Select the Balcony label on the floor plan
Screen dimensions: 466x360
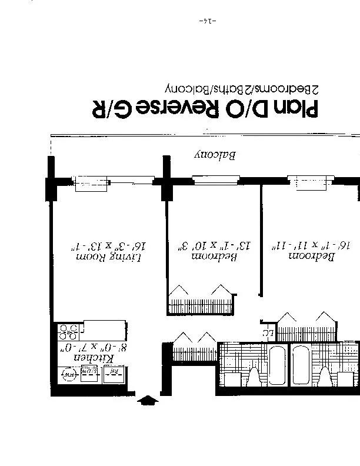tap(215, 156)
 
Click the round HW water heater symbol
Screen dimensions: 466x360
tap(69, 374)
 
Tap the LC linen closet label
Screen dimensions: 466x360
tap(268, 333)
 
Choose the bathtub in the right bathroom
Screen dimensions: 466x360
tap(305, 363)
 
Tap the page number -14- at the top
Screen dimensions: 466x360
tap(208, 22)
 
